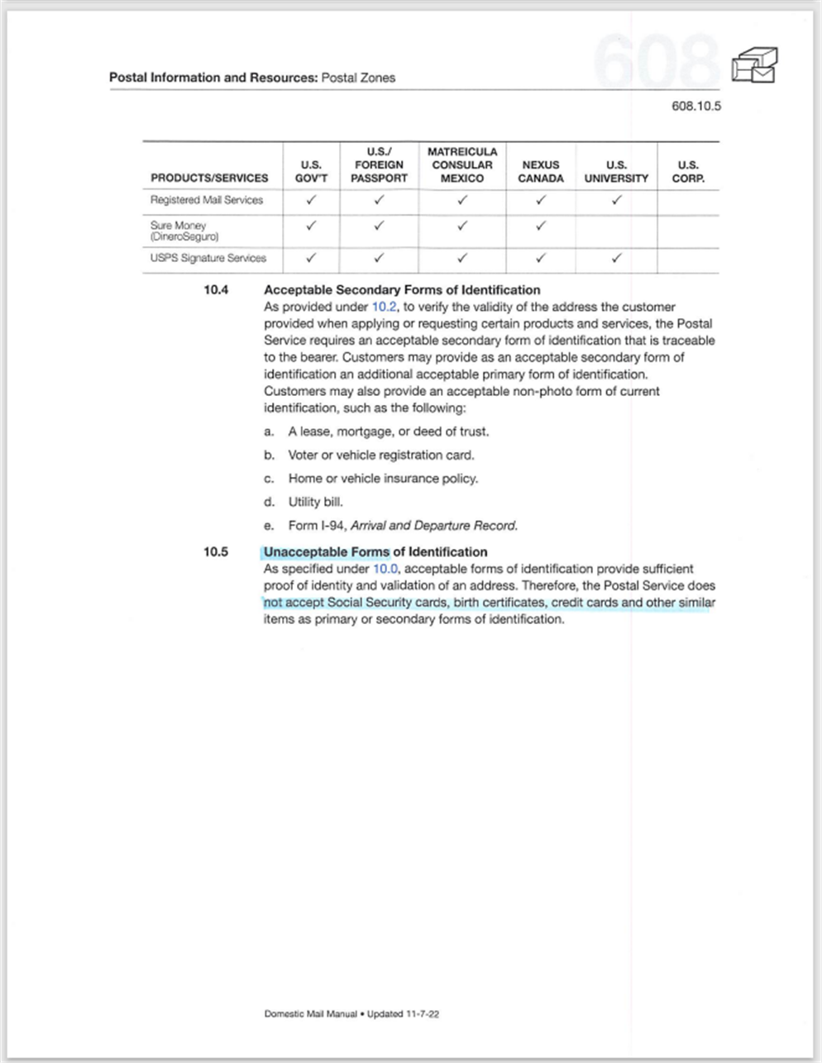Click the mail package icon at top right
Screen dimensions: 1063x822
pyautogui.click(x=753, y=65)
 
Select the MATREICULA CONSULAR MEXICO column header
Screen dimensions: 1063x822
pyautogui.click(x=462, y=164)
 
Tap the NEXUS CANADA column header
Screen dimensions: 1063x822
pyautogui.click(x=541, y=171)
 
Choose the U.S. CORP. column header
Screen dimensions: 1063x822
pyautogui.click(x=688, y=171)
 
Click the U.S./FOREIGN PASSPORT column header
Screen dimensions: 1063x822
pyautogui.click(x=379, y=164)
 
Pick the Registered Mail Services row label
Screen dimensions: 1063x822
pyautogui.click(x=207, y=200)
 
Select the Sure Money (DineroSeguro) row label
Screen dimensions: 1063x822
pyautogui.click(x=184, y=231)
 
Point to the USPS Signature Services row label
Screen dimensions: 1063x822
pyautogui.click(x=208, y=258)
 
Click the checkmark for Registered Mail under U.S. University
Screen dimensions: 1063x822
pyautogui.click(x=616, y=200)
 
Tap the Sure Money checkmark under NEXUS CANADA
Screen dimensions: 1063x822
pyautogui.click(x=541, y=225)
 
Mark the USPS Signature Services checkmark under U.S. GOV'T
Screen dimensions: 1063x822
pyautogui.click(x=311, y=258)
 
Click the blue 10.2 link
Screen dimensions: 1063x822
pyautogui.click(x=385, y=307)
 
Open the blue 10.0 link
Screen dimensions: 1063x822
pyautogui.click(x=385, y=569)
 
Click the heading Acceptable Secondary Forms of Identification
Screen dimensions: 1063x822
pyautogui.click(x=402, y=290)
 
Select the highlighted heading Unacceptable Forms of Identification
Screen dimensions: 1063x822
pyautogui.click(x=375, y=551)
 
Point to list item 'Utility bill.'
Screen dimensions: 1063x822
pyautogui.click(x=315, y=502)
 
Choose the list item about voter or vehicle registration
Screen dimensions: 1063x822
pyautogui.click(x=380, y=455)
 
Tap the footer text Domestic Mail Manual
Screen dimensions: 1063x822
pyautogui.click(x=311, y=1013)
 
